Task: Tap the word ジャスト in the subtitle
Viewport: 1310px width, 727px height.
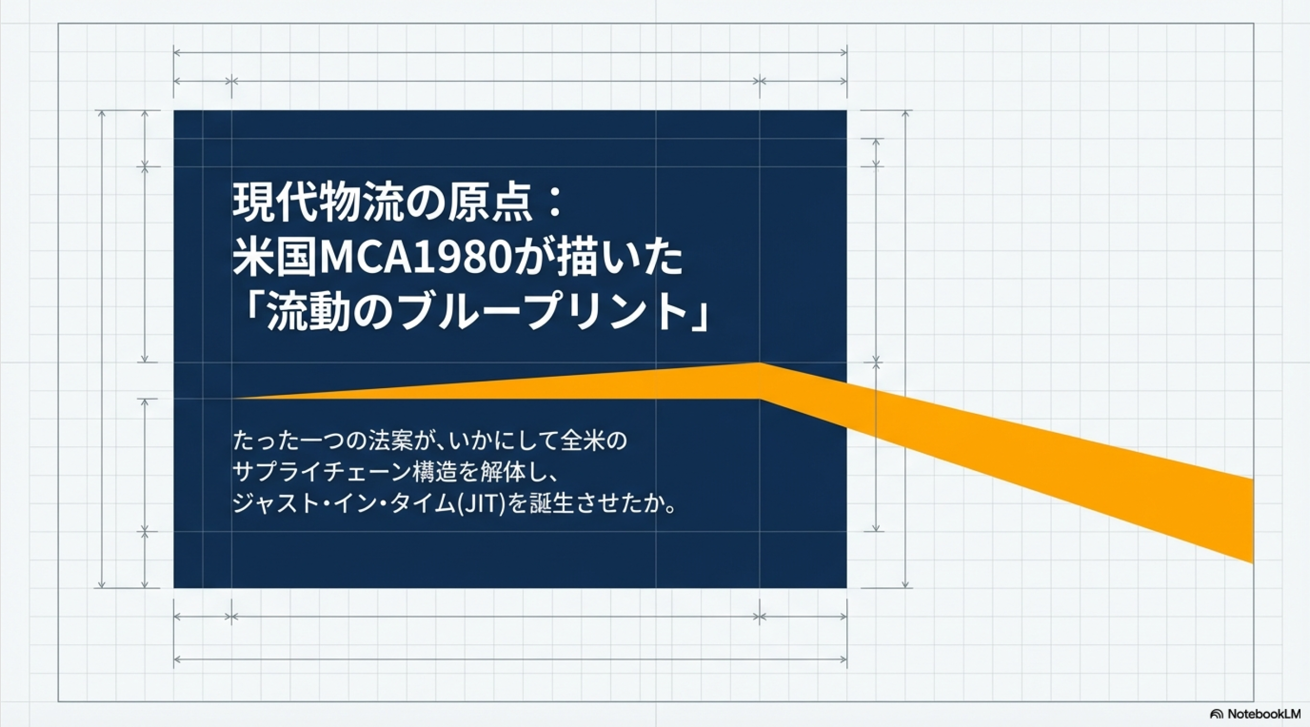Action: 275,503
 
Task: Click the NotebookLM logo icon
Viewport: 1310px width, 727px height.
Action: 1216,714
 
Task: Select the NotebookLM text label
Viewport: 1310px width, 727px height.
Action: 1264,714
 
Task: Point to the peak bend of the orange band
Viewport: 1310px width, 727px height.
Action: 760,364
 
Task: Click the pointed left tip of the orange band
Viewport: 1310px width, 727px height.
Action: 234,398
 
